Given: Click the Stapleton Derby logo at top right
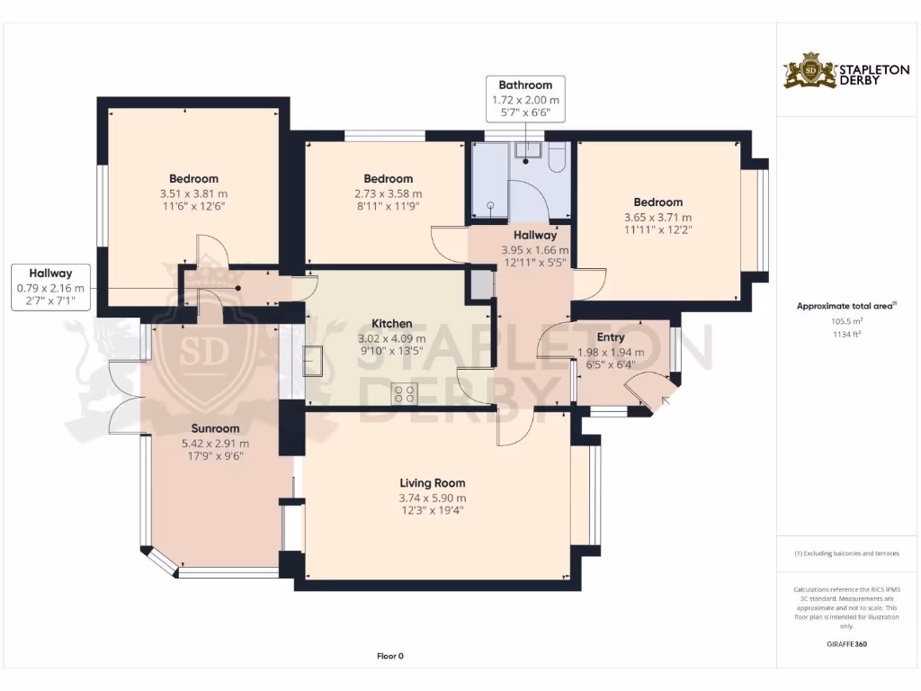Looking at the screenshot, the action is point(846,70).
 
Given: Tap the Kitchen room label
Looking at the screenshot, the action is point(392,324).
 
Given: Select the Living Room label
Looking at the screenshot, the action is point(433,483).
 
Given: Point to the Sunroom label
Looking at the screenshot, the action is point(215,429).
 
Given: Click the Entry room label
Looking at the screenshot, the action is point(611,338).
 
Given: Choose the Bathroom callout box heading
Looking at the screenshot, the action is point(525,85).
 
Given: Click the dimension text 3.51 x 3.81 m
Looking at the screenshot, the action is point(193,194).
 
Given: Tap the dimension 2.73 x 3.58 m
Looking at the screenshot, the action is point(388,194).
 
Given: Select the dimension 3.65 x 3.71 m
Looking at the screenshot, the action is point(657,218).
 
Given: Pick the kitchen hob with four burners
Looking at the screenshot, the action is point(404,393).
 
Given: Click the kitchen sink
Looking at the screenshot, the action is point(312,362).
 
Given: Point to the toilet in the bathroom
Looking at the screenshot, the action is point(557,157).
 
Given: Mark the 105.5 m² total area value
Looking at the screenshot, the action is point(846,321).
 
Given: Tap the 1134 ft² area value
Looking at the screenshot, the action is point(846,335).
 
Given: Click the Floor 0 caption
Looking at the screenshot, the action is point(390,656).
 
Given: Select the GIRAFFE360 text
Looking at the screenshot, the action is point(846,644).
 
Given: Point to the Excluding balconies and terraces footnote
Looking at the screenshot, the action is point(846,553).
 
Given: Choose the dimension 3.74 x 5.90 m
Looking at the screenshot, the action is point(433,498).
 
